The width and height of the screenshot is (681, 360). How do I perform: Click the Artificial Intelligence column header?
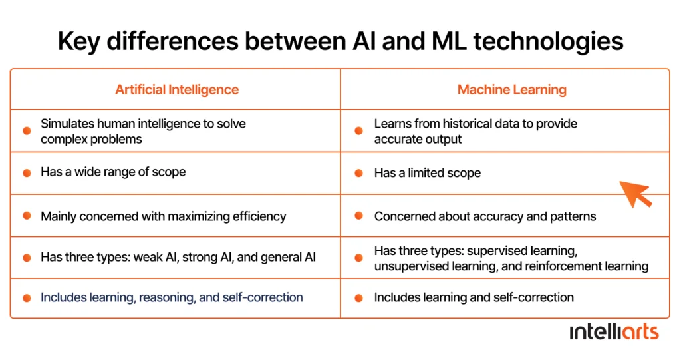[177, 90]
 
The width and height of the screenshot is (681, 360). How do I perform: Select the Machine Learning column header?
[511, 90]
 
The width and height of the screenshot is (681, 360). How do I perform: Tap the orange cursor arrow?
[635, 194]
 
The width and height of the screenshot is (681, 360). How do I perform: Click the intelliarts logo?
[614, 332]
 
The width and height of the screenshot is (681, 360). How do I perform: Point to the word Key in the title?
[79, 42]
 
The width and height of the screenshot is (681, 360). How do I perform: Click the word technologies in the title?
[548, 42]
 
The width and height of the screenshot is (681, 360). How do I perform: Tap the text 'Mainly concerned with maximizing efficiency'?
[164, 216]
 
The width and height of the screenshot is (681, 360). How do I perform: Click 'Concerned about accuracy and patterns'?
[485, 216]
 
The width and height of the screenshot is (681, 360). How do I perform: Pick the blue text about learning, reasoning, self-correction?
[172, 297]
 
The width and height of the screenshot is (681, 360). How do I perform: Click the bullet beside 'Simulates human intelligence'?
[27, 131]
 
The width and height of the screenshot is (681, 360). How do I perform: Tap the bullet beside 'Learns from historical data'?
[358, 131]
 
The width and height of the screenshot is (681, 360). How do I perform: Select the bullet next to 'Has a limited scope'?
[358, 173]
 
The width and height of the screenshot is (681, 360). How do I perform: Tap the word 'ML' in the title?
[449, 42]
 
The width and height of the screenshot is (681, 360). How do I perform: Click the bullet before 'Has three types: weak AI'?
[27, 258]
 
